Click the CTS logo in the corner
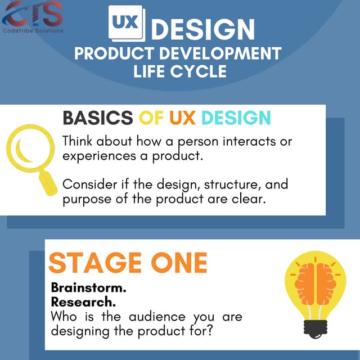click(33, 16)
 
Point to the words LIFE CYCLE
click(180, 71)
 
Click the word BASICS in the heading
click(97, 118)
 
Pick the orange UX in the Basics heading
click(183, 118)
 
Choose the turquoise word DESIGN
click(236, 118)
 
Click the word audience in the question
click(159, 317)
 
